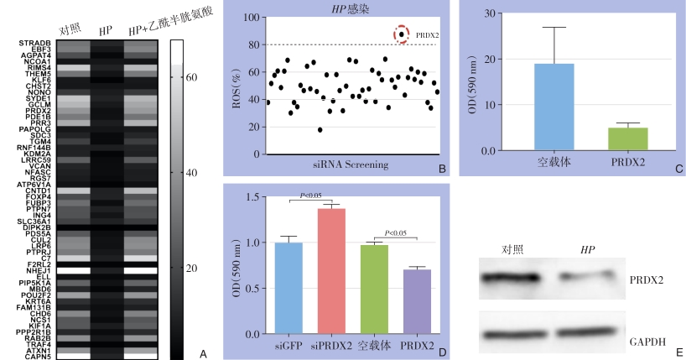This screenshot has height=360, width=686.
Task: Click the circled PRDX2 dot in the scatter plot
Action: pyautogui.click(x=403, y=34)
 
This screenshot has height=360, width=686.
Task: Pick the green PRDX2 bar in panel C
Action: pyautogui.click(x=627, y=139)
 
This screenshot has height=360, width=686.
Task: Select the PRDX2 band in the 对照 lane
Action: pyautogui.click(x=512, y=277)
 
